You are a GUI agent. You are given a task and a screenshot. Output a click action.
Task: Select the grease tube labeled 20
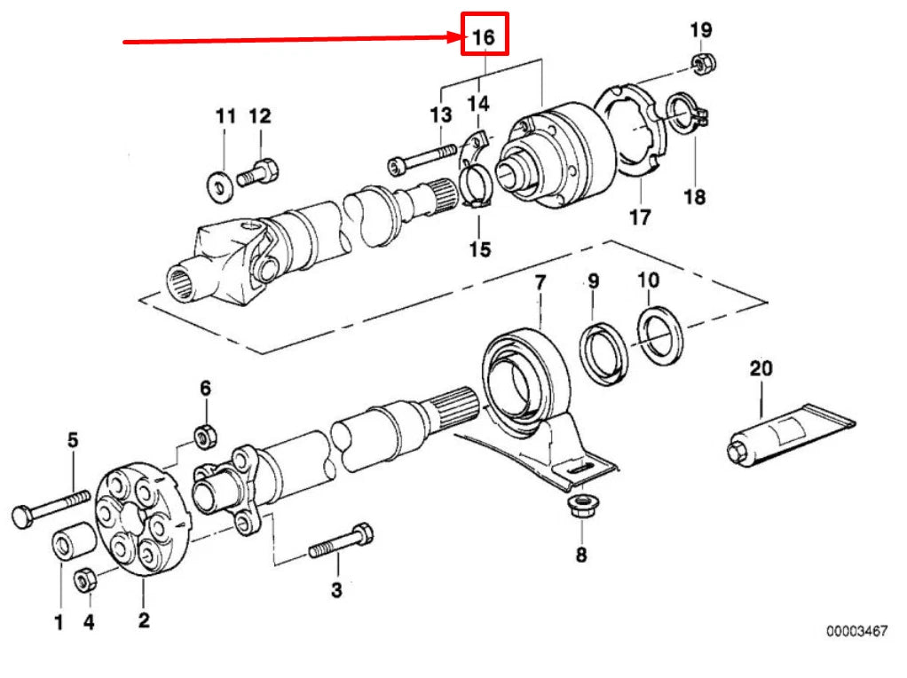point(781,435)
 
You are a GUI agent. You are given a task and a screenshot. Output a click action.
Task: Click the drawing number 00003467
point(856,631)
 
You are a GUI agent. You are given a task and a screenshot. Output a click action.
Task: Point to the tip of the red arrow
point(457,37)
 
